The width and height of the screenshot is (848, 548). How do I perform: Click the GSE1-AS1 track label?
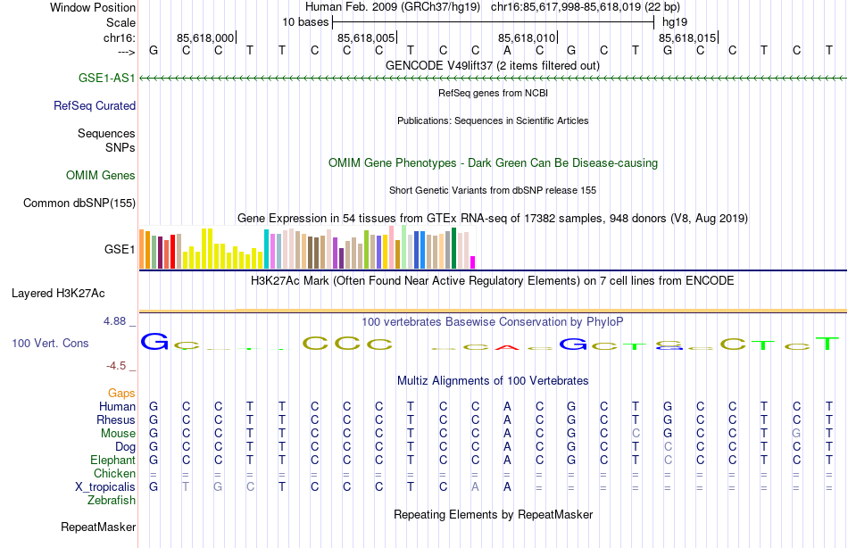point(106,79)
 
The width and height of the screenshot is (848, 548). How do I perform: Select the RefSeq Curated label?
point(95,105)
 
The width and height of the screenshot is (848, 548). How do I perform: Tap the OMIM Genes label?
point(101,175)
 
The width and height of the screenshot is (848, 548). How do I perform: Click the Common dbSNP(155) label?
point(79,203)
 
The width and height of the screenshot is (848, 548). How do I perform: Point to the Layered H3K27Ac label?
point(58,293)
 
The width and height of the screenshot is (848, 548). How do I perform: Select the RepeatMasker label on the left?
point(98,527)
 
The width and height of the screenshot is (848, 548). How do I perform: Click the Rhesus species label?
point(117,419)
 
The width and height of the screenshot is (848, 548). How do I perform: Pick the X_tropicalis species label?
point(105,486)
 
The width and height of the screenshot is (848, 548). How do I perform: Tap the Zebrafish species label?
point(112,500)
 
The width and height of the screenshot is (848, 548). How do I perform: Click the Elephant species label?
point(112,460)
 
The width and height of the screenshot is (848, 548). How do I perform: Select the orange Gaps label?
point(121,393)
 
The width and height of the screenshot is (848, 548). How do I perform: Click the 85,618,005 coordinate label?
point(365,37)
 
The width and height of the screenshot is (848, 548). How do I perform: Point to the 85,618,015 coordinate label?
point(686,37)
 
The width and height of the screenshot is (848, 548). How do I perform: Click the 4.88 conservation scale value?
point(120,320)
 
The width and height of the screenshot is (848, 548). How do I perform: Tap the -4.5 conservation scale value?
point(121,365)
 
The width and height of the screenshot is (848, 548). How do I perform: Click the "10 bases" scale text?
point(305,21)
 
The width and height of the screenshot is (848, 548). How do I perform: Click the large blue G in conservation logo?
point(155,342)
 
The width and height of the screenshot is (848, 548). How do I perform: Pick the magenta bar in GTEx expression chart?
point(473,262)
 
